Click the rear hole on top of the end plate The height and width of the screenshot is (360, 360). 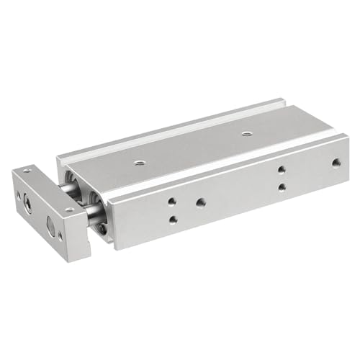pyautogui.click(x=27, y=171)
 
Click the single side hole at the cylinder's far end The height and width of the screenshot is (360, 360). pyautogui.click(x=336, y=163)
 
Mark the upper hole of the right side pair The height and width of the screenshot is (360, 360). pyautogui.click(x=282, y=171)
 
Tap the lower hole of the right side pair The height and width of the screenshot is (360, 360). pyautogui.click(x=282, y=187)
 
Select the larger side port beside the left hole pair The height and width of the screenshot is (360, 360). pyautogui.click(x=200, y=203)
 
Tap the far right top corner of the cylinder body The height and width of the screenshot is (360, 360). pyautogui.click(x=348, y=137)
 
